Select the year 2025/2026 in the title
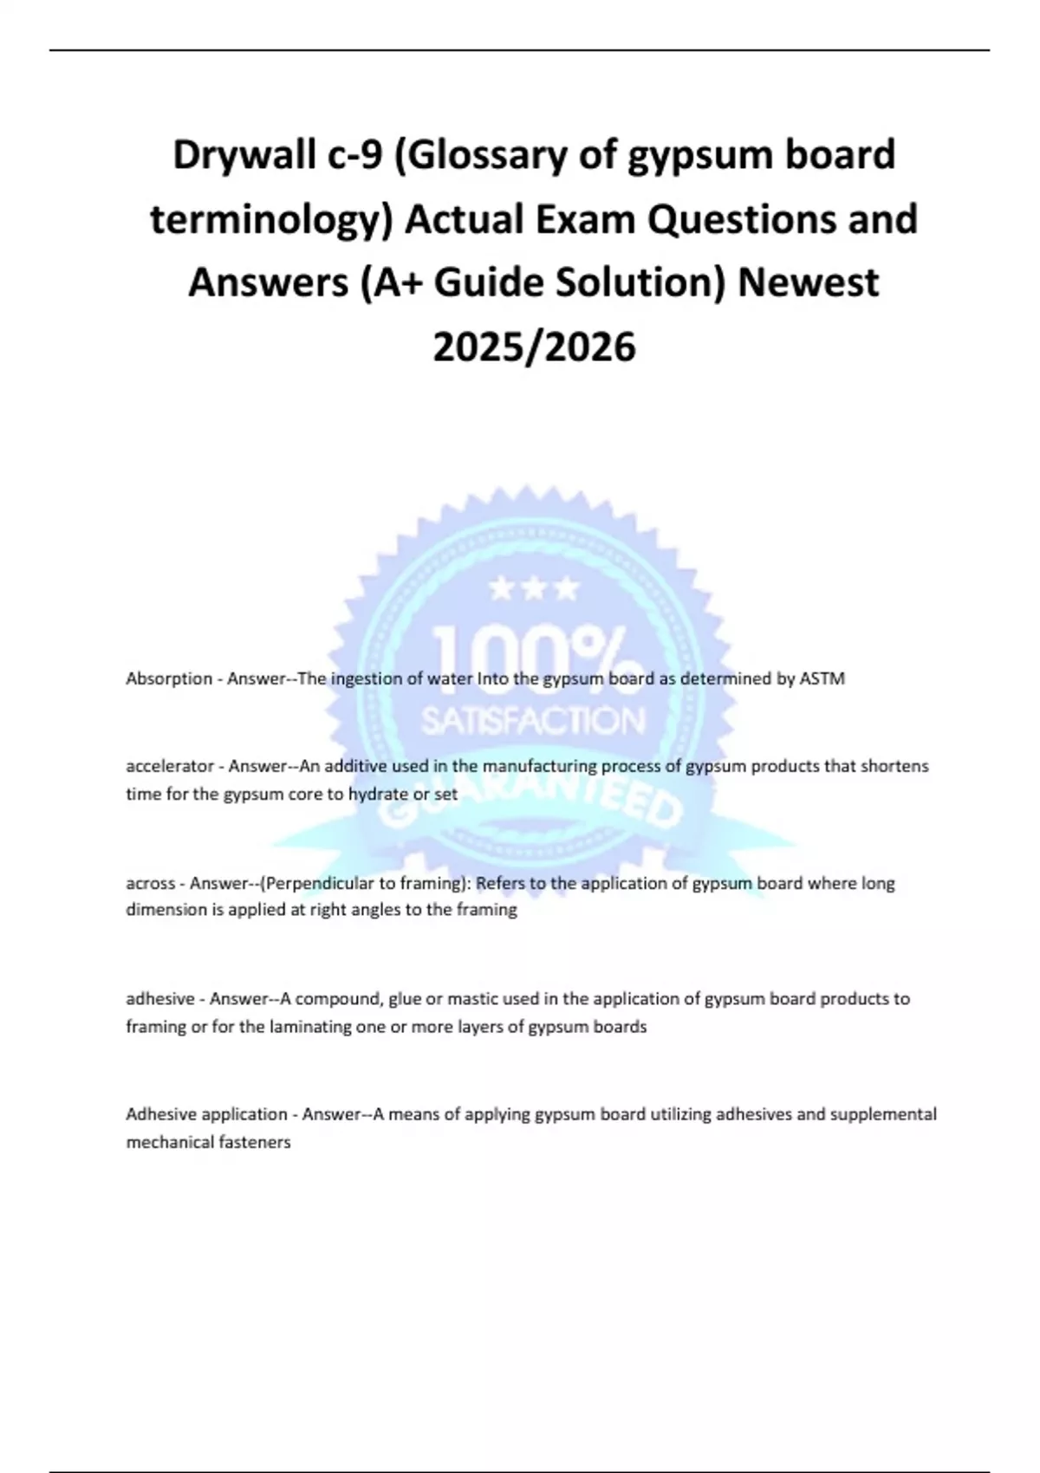click(x=534, y=347)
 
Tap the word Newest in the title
click(x=808, y=283)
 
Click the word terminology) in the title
click(x=271, y=219)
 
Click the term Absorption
click(x=169, y=679)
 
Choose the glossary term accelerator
click(x=170, y=767)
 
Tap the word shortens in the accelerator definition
click(x=894, y=767)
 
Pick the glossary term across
click(x=151, y=884)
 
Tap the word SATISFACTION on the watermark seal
click(x=533, y=721)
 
